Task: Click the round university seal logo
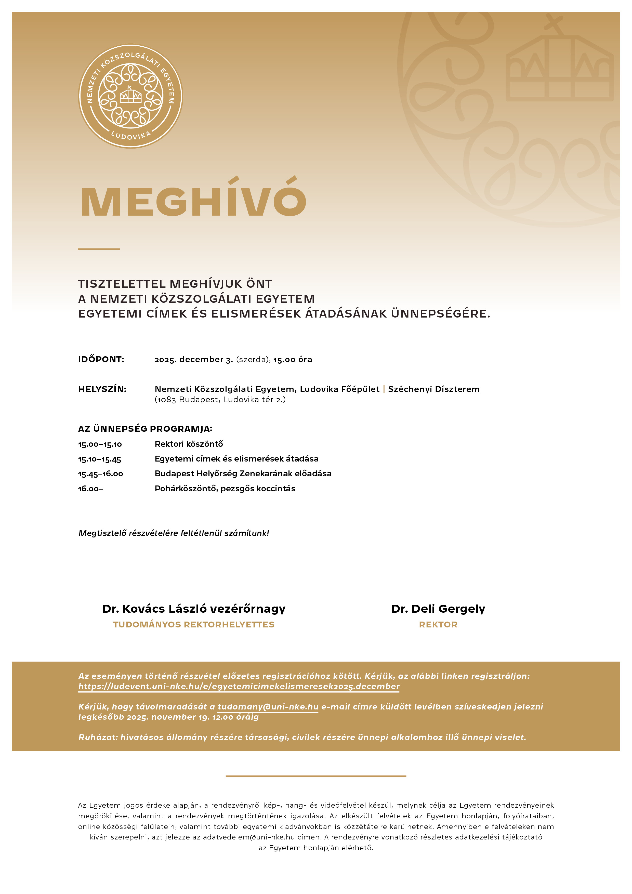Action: [130, 96]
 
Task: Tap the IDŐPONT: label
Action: [101, 359]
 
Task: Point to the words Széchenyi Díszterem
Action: [434, 389]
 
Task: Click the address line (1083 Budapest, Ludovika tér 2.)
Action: [220, 400]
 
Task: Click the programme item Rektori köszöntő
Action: [189, 444]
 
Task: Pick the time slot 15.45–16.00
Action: [100, 474]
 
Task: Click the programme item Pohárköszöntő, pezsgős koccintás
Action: [225, 489]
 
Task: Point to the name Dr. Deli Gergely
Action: [438, 609]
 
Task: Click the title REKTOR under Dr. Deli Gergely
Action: [438, 625]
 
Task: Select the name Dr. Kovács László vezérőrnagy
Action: [194, 609]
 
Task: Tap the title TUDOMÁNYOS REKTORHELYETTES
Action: [194, 625]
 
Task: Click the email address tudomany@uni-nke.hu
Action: [268, 707]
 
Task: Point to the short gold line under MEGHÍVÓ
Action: [99, 249]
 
